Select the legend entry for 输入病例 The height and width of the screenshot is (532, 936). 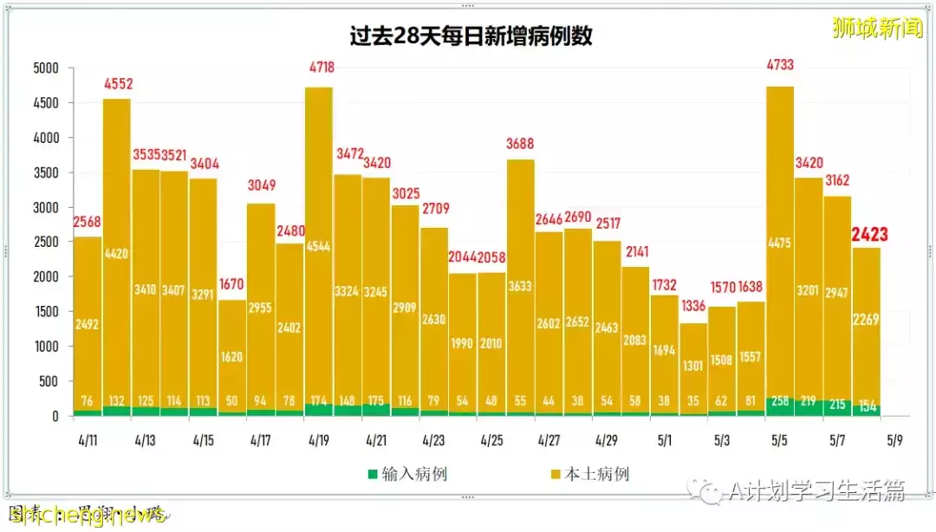tap(407, 474)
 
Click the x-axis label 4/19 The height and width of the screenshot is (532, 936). tap(318, 440)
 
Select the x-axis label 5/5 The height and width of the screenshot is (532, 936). tap(780, 440)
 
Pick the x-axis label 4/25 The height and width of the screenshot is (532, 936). tap(491, 440)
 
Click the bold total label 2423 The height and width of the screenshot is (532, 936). tap(868, 234)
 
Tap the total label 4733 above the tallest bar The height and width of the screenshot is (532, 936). tap(780, 64)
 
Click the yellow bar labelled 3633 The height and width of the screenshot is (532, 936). tap(520, 286)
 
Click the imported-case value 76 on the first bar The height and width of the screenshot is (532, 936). tap(88, 400)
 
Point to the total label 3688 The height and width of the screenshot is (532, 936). tap(520, 145)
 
